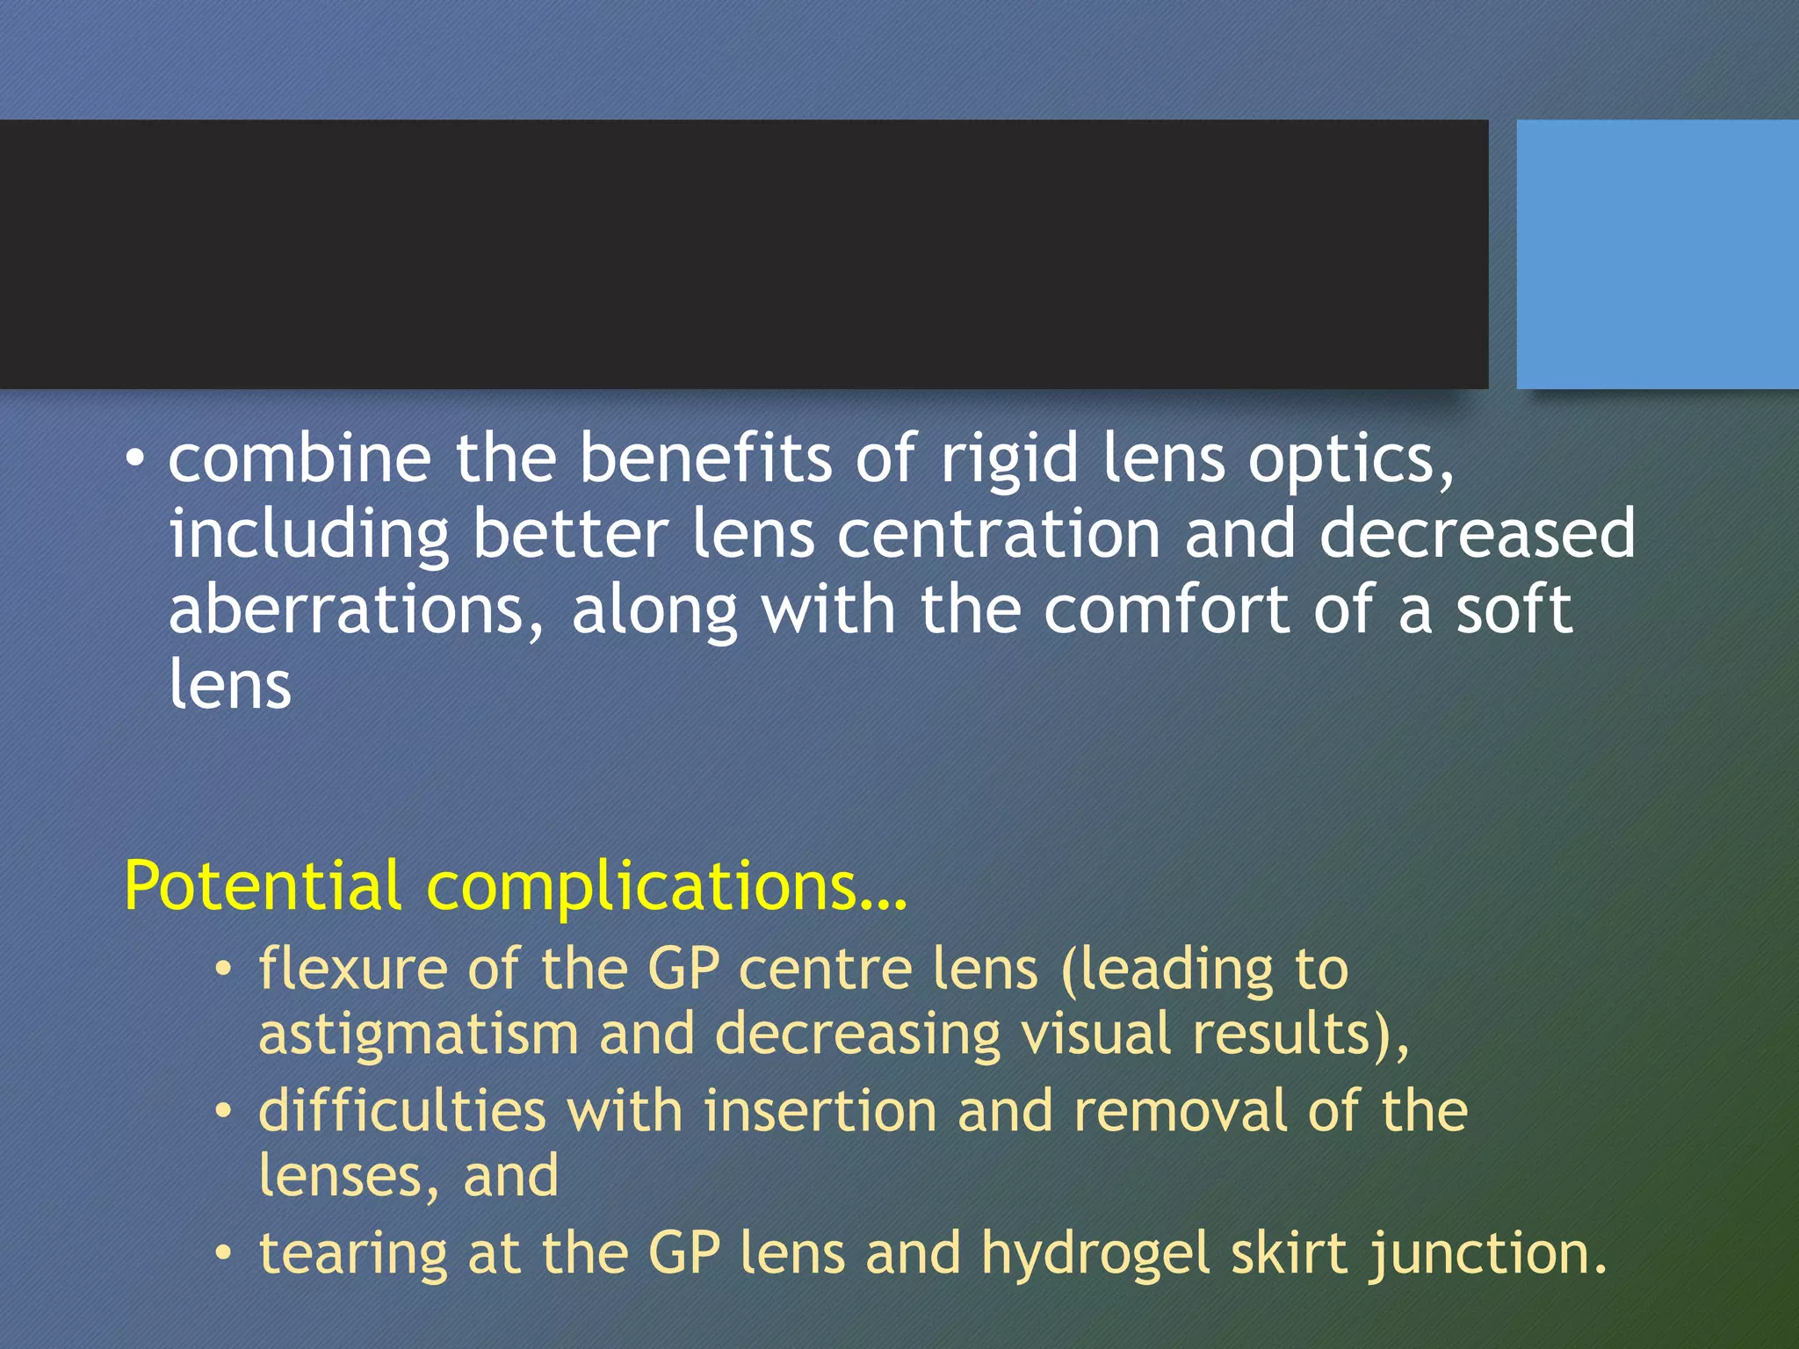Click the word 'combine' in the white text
(300, 458)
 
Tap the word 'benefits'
(705, 458)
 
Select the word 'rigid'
(1009, 460)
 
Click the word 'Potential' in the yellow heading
(263, 885)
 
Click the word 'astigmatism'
(418, 1035)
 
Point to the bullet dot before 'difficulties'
(225, 1111)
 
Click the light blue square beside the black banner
(1658, 255)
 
